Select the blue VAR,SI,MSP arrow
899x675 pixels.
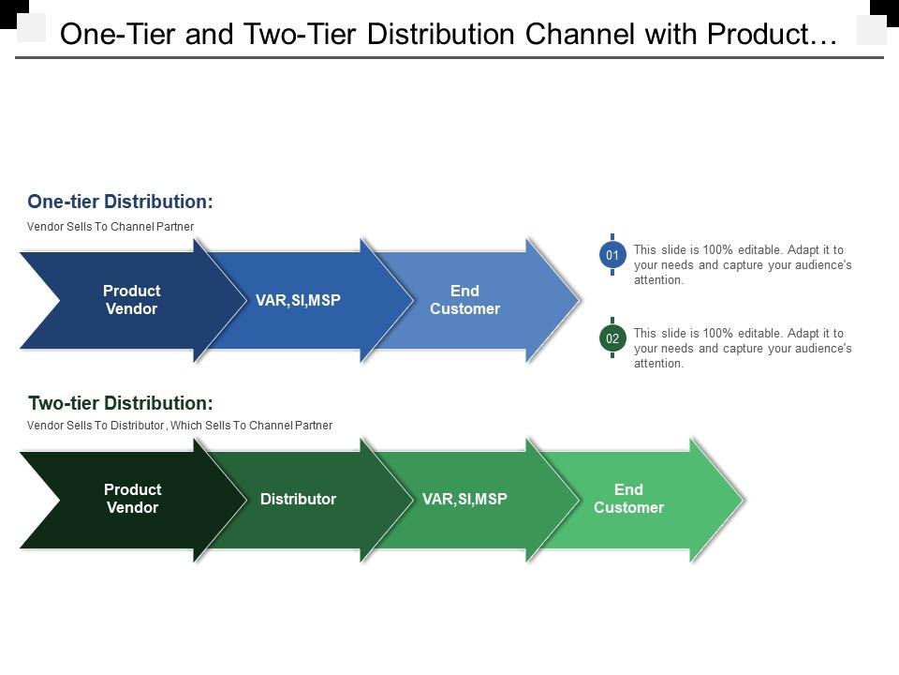(x=298, y=300)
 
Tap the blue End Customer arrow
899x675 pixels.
(x=465, y=300)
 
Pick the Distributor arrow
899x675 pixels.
(x=298, y=499)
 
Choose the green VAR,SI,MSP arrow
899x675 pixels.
(x=464, y=499)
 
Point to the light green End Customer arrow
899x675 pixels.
(x=628, y=499)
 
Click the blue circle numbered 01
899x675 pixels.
(x=612, y=255)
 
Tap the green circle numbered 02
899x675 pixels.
(x=612, y=338)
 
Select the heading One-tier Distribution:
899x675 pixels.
(x=120, y=202)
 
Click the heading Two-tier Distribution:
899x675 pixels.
(x=121, y=403)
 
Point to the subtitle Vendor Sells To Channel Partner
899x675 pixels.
(x=111, y=227)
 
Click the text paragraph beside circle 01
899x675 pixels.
(x=743, y=264)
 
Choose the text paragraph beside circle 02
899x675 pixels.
(x=743, y=348)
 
